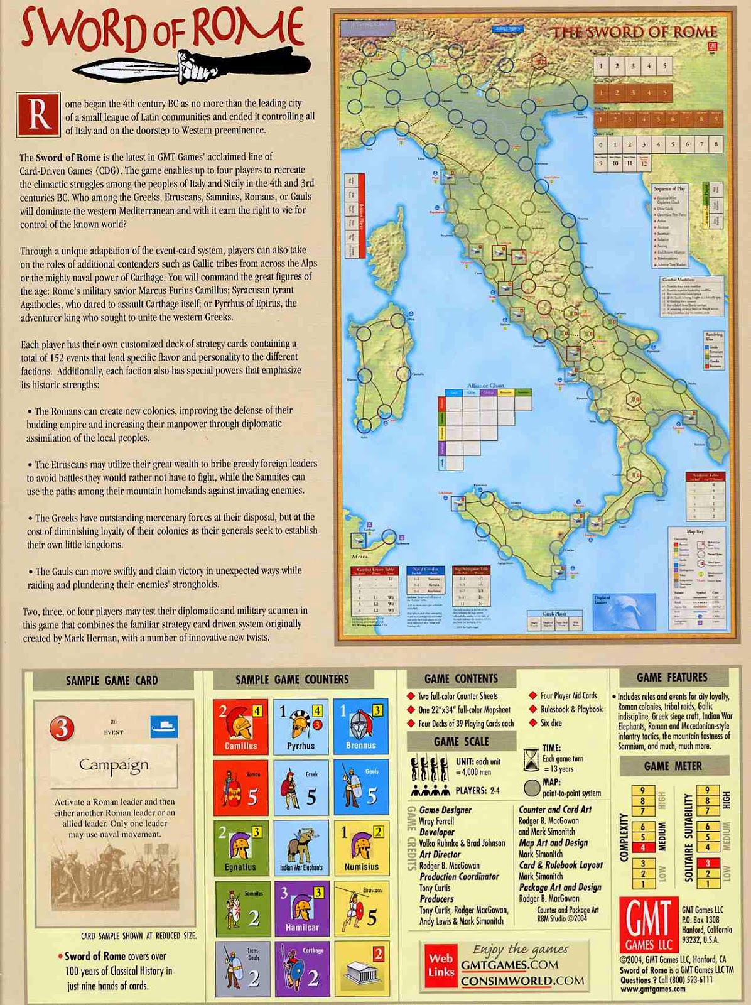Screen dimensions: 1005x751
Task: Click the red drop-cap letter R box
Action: (38, 115)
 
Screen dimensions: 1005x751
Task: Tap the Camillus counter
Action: (240, 726)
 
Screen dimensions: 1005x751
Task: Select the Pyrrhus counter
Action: (301, 726)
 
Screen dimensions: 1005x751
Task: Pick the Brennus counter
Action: (361, 726)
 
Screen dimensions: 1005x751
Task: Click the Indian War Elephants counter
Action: (301, 847)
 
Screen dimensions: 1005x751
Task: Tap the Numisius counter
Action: (361, 847)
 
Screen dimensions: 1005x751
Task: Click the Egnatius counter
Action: (240, 847)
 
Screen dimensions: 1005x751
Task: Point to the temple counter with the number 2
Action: (361, 969)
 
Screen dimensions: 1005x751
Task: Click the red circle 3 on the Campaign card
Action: (62, 728)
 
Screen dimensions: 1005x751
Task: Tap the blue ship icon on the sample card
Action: (165, 727)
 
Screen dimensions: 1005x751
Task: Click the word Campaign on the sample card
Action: (114, 765)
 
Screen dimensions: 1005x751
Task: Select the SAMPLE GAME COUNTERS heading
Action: (292, 680)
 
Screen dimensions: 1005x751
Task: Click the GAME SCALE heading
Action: (461, 742)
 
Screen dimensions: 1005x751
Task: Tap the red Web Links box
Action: (441, 965)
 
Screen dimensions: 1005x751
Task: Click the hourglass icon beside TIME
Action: (531, 758)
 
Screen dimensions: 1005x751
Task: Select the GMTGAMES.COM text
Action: (509, 965)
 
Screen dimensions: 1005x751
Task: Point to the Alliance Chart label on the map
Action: (485, 386)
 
